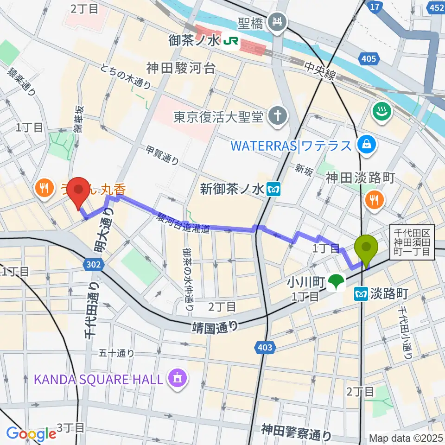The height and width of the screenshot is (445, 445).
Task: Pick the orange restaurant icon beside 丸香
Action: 44,188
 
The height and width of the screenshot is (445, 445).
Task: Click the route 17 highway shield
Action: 374,6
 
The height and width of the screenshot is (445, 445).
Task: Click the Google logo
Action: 31,434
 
